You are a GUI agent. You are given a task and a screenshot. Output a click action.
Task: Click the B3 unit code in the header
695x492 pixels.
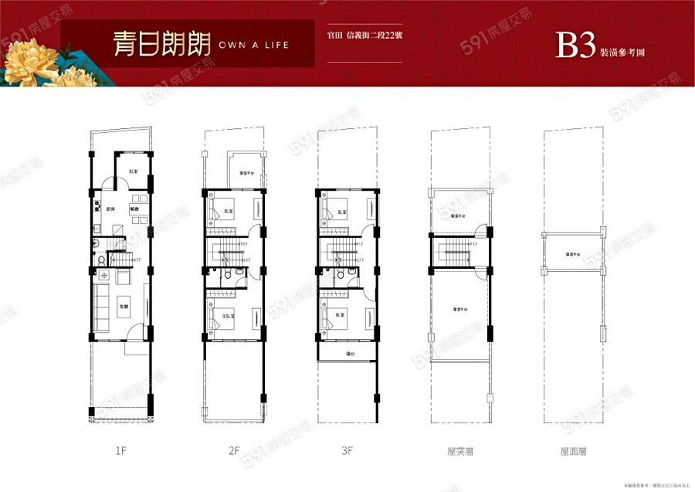[575, 46]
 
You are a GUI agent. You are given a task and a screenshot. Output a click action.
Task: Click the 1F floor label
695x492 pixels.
[120, 448]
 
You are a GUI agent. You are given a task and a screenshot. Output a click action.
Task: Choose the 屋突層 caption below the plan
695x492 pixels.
[459, 448]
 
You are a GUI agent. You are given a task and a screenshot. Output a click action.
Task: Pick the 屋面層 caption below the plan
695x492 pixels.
[572, 448]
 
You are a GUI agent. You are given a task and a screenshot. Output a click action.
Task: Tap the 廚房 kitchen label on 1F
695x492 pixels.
[110, 209]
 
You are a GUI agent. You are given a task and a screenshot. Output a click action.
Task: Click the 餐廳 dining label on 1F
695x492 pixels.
[133, 209]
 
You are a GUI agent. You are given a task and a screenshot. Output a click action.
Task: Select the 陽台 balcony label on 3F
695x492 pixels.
[350, 354]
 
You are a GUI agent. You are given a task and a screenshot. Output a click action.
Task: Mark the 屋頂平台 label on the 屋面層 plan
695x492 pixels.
[572, 253]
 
